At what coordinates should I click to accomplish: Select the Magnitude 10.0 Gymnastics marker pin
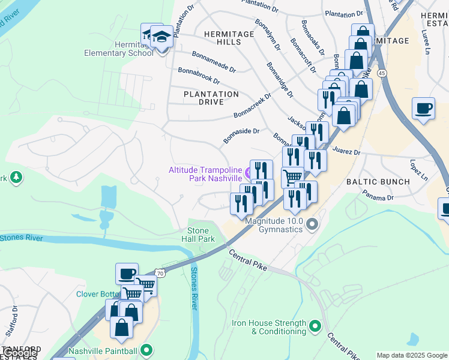pos(312,225)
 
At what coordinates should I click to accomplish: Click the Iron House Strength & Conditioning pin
pos(315,327)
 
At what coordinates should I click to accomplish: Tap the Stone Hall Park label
pos(198,235)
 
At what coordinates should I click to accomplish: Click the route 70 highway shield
pos(160,273)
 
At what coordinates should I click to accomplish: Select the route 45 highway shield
pos(382,73)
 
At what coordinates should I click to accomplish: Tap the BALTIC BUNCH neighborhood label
pos(378,181)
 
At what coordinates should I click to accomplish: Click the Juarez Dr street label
pos(349,152)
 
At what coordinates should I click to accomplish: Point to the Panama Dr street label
pos(378,196)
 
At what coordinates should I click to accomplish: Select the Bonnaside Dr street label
pos(241,136)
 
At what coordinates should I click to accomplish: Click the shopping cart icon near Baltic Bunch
pos(292,177)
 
